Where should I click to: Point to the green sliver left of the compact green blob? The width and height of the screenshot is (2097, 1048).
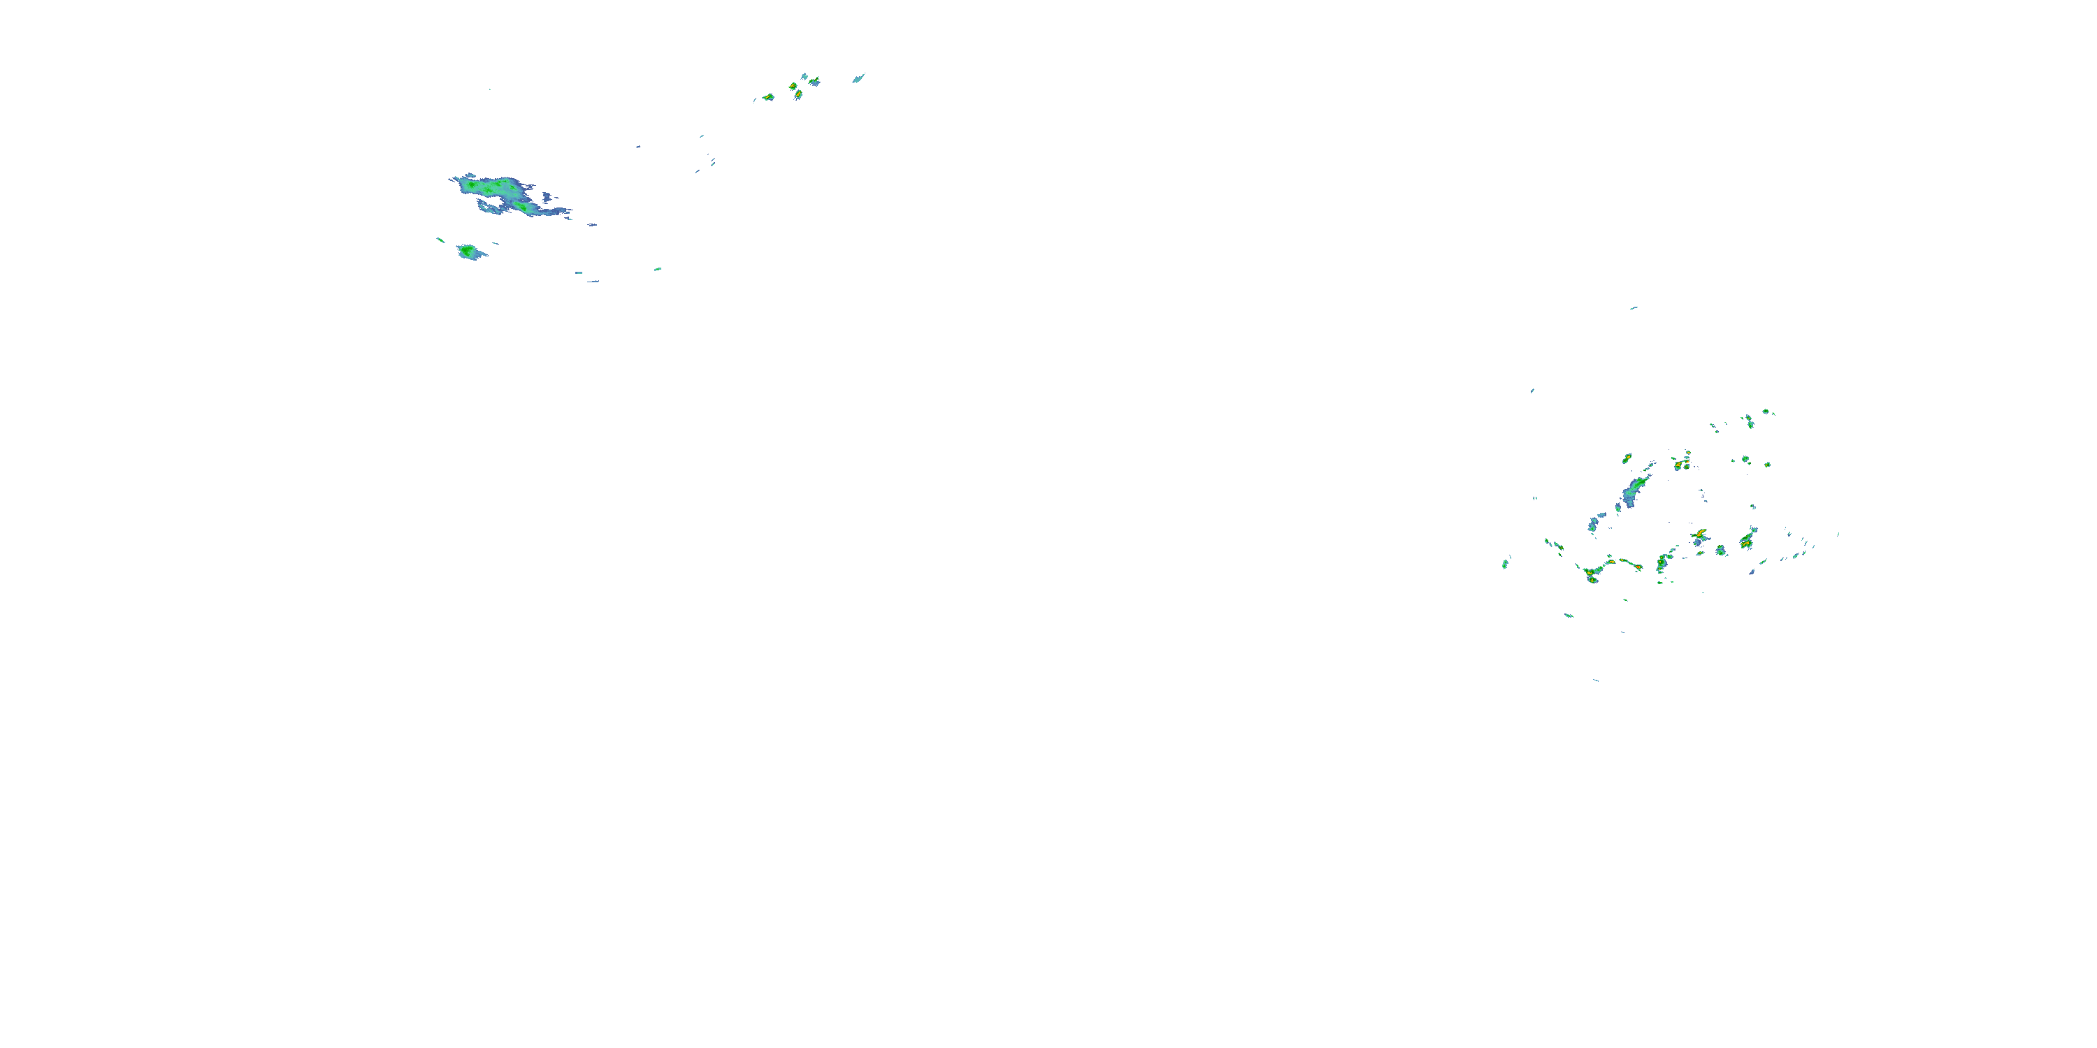click(440, 240)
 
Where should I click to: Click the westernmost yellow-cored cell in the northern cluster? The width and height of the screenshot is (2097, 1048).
click(768, 98)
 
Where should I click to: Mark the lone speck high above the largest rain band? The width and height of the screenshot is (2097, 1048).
click(489, 89)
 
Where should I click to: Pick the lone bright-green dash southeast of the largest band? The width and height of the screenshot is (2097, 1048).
click(657, 269)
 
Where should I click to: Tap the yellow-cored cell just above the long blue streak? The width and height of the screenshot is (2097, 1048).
click(1627, 459)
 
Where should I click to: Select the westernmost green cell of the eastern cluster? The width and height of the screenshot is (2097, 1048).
click(1505, 563)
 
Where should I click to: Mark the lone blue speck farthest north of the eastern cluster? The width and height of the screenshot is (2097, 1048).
click(1633, 308)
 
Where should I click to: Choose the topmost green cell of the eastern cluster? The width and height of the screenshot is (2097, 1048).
click(1766, 412)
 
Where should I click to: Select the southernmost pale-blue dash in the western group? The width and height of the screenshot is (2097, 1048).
click(593, 282)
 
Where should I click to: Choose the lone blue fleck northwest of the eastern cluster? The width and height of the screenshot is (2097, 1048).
click(1532, 391)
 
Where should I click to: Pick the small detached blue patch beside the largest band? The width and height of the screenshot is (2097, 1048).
click(592, 224)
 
